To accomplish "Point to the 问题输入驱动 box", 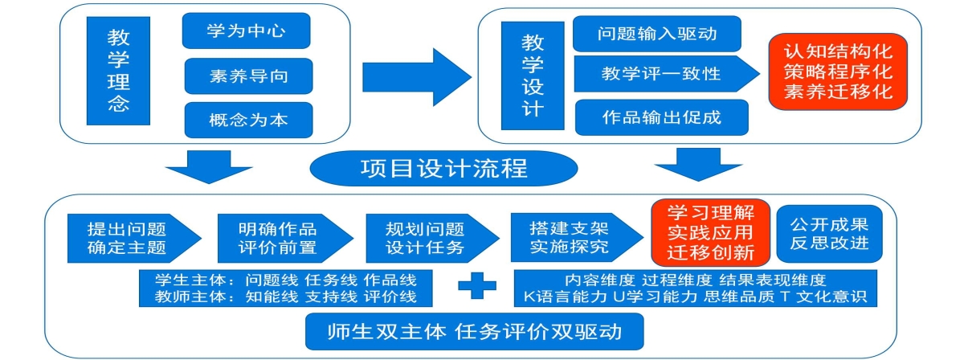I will (656, 34).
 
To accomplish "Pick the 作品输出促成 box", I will (661, 117).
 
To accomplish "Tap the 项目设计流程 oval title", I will (443, 169).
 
